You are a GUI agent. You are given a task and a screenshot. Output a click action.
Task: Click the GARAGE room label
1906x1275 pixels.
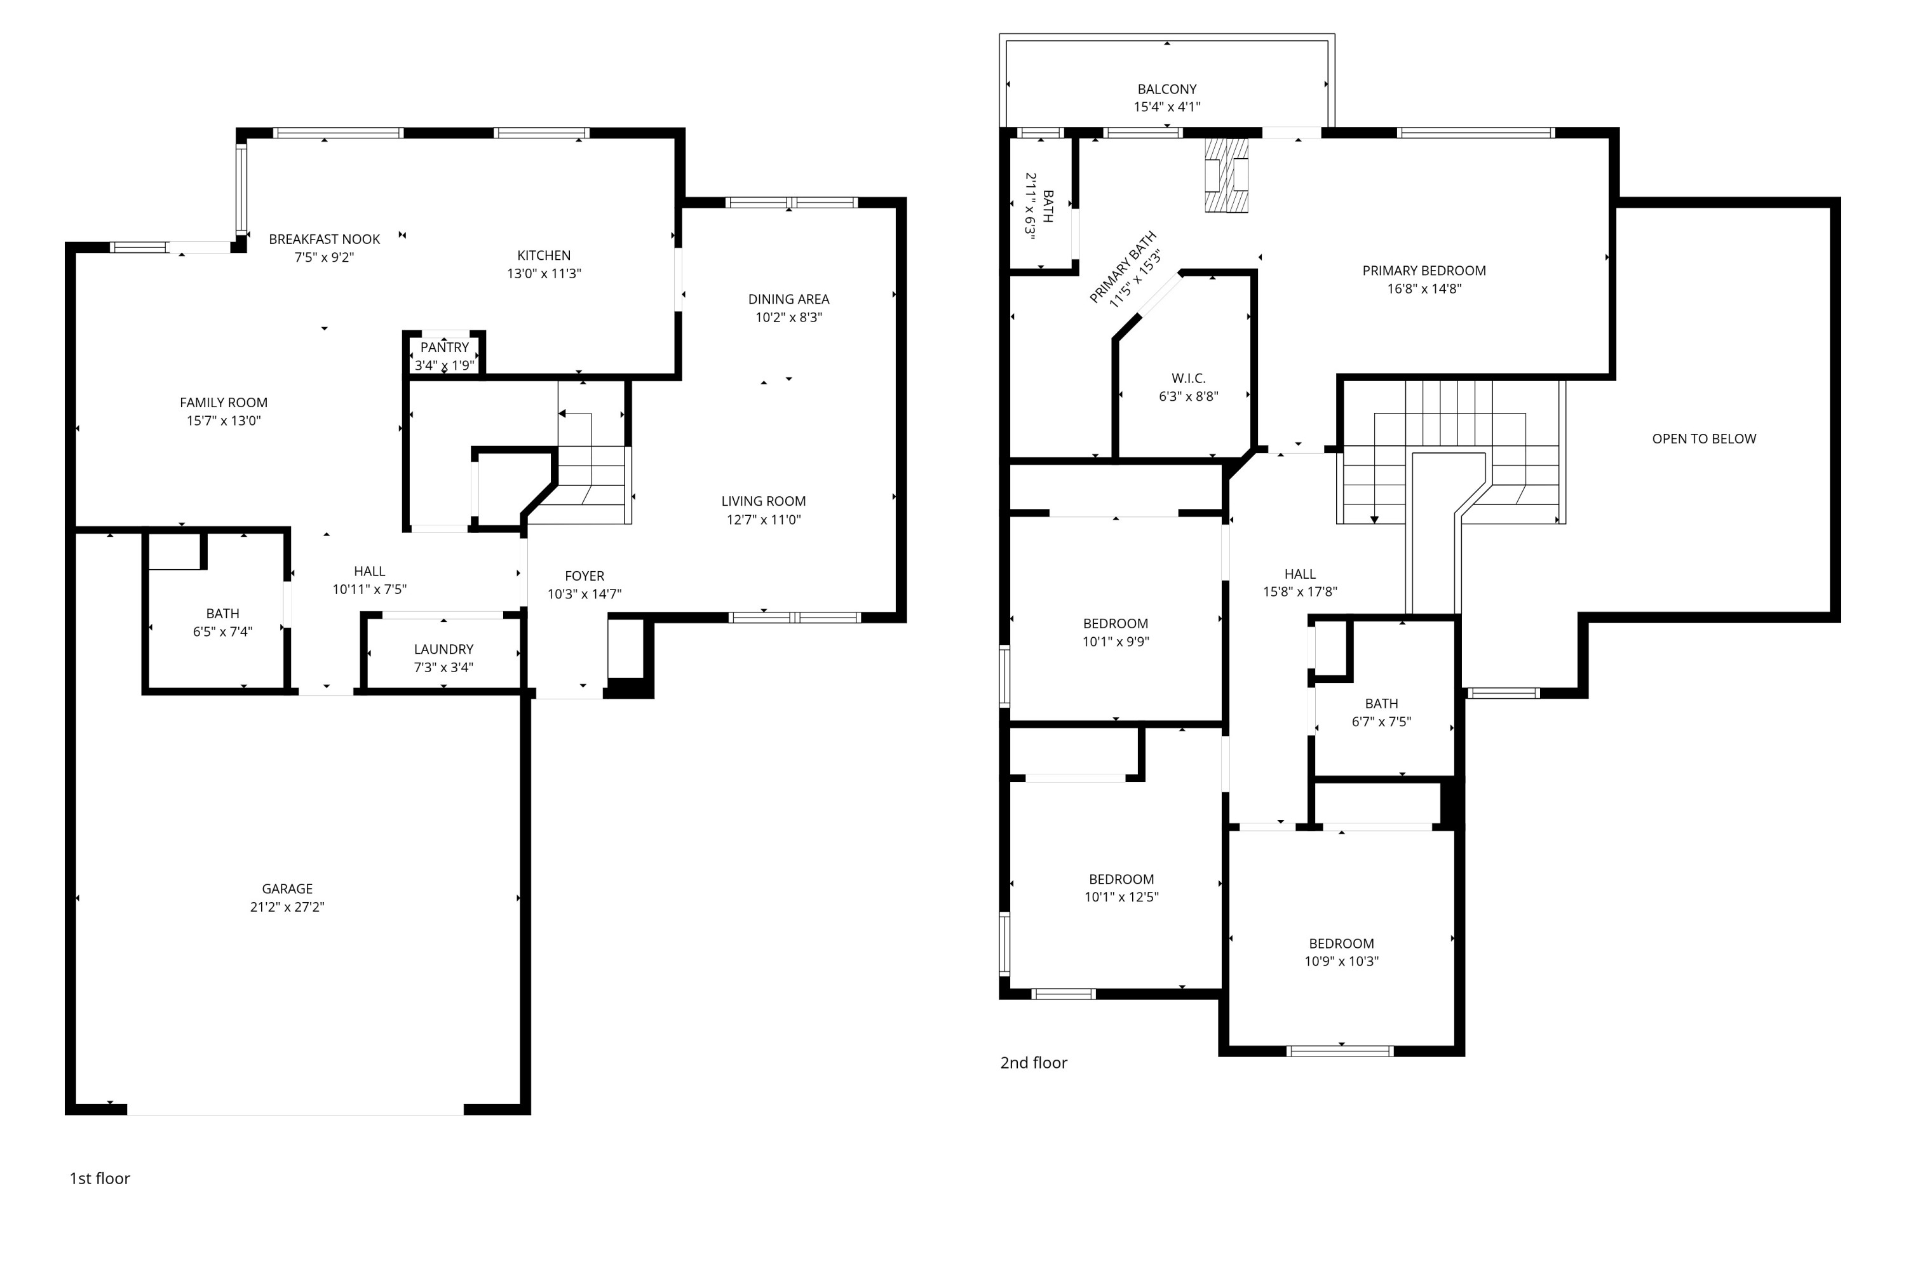pos(287,889)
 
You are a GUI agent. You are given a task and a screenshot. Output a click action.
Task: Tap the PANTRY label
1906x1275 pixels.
pos(444,347)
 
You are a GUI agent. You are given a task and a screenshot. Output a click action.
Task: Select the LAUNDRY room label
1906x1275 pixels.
pos(443,649)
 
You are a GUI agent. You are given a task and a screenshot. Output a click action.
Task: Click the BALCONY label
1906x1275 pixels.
pos(1167,89)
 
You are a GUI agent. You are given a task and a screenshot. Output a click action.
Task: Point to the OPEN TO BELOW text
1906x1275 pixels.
pos(1703,438)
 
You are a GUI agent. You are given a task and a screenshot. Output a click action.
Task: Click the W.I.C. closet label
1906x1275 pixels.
pos(1188,378)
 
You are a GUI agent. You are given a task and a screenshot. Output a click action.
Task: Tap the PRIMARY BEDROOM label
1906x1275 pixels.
pos(1424,270)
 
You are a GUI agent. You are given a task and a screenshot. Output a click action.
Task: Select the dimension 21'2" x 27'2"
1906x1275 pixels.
pos(287,907)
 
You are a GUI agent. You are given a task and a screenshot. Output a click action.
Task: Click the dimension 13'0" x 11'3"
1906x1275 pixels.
pos(544,273)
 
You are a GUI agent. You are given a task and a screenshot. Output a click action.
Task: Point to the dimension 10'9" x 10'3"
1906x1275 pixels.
pos(1342,961)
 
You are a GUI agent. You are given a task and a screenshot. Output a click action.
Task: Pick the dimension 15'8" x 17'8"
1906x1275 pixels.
pos(1301,592)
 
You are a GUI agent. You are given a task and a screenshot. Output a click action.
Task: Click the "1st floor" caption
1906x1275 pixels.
pos(99,1178)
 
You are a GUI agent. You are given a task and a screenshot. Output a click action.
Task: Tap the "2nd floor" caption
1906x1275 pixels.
pos(1034,1063)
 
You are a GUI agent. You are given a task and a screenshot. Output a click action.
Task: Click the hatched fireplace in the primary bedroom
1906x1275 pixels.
pos(1226,175)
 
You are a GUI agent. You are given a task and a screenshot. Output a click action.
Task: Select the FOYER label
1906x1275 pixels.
pos(585,576)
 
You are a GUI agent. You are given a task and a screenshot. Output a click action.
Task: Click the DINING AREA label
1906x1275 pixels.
pos(788,299)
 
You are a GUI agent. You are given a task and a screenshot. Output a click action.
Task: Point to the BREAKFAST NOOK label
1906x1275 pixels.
pos(325,239)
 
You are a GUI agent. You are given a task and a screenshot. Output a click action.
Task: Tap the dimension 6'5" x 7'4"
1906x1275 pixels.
pos(223,632)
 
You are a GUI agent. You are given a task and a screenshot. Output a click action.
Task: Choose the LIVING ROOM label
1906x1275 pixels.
pos(764,501)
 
